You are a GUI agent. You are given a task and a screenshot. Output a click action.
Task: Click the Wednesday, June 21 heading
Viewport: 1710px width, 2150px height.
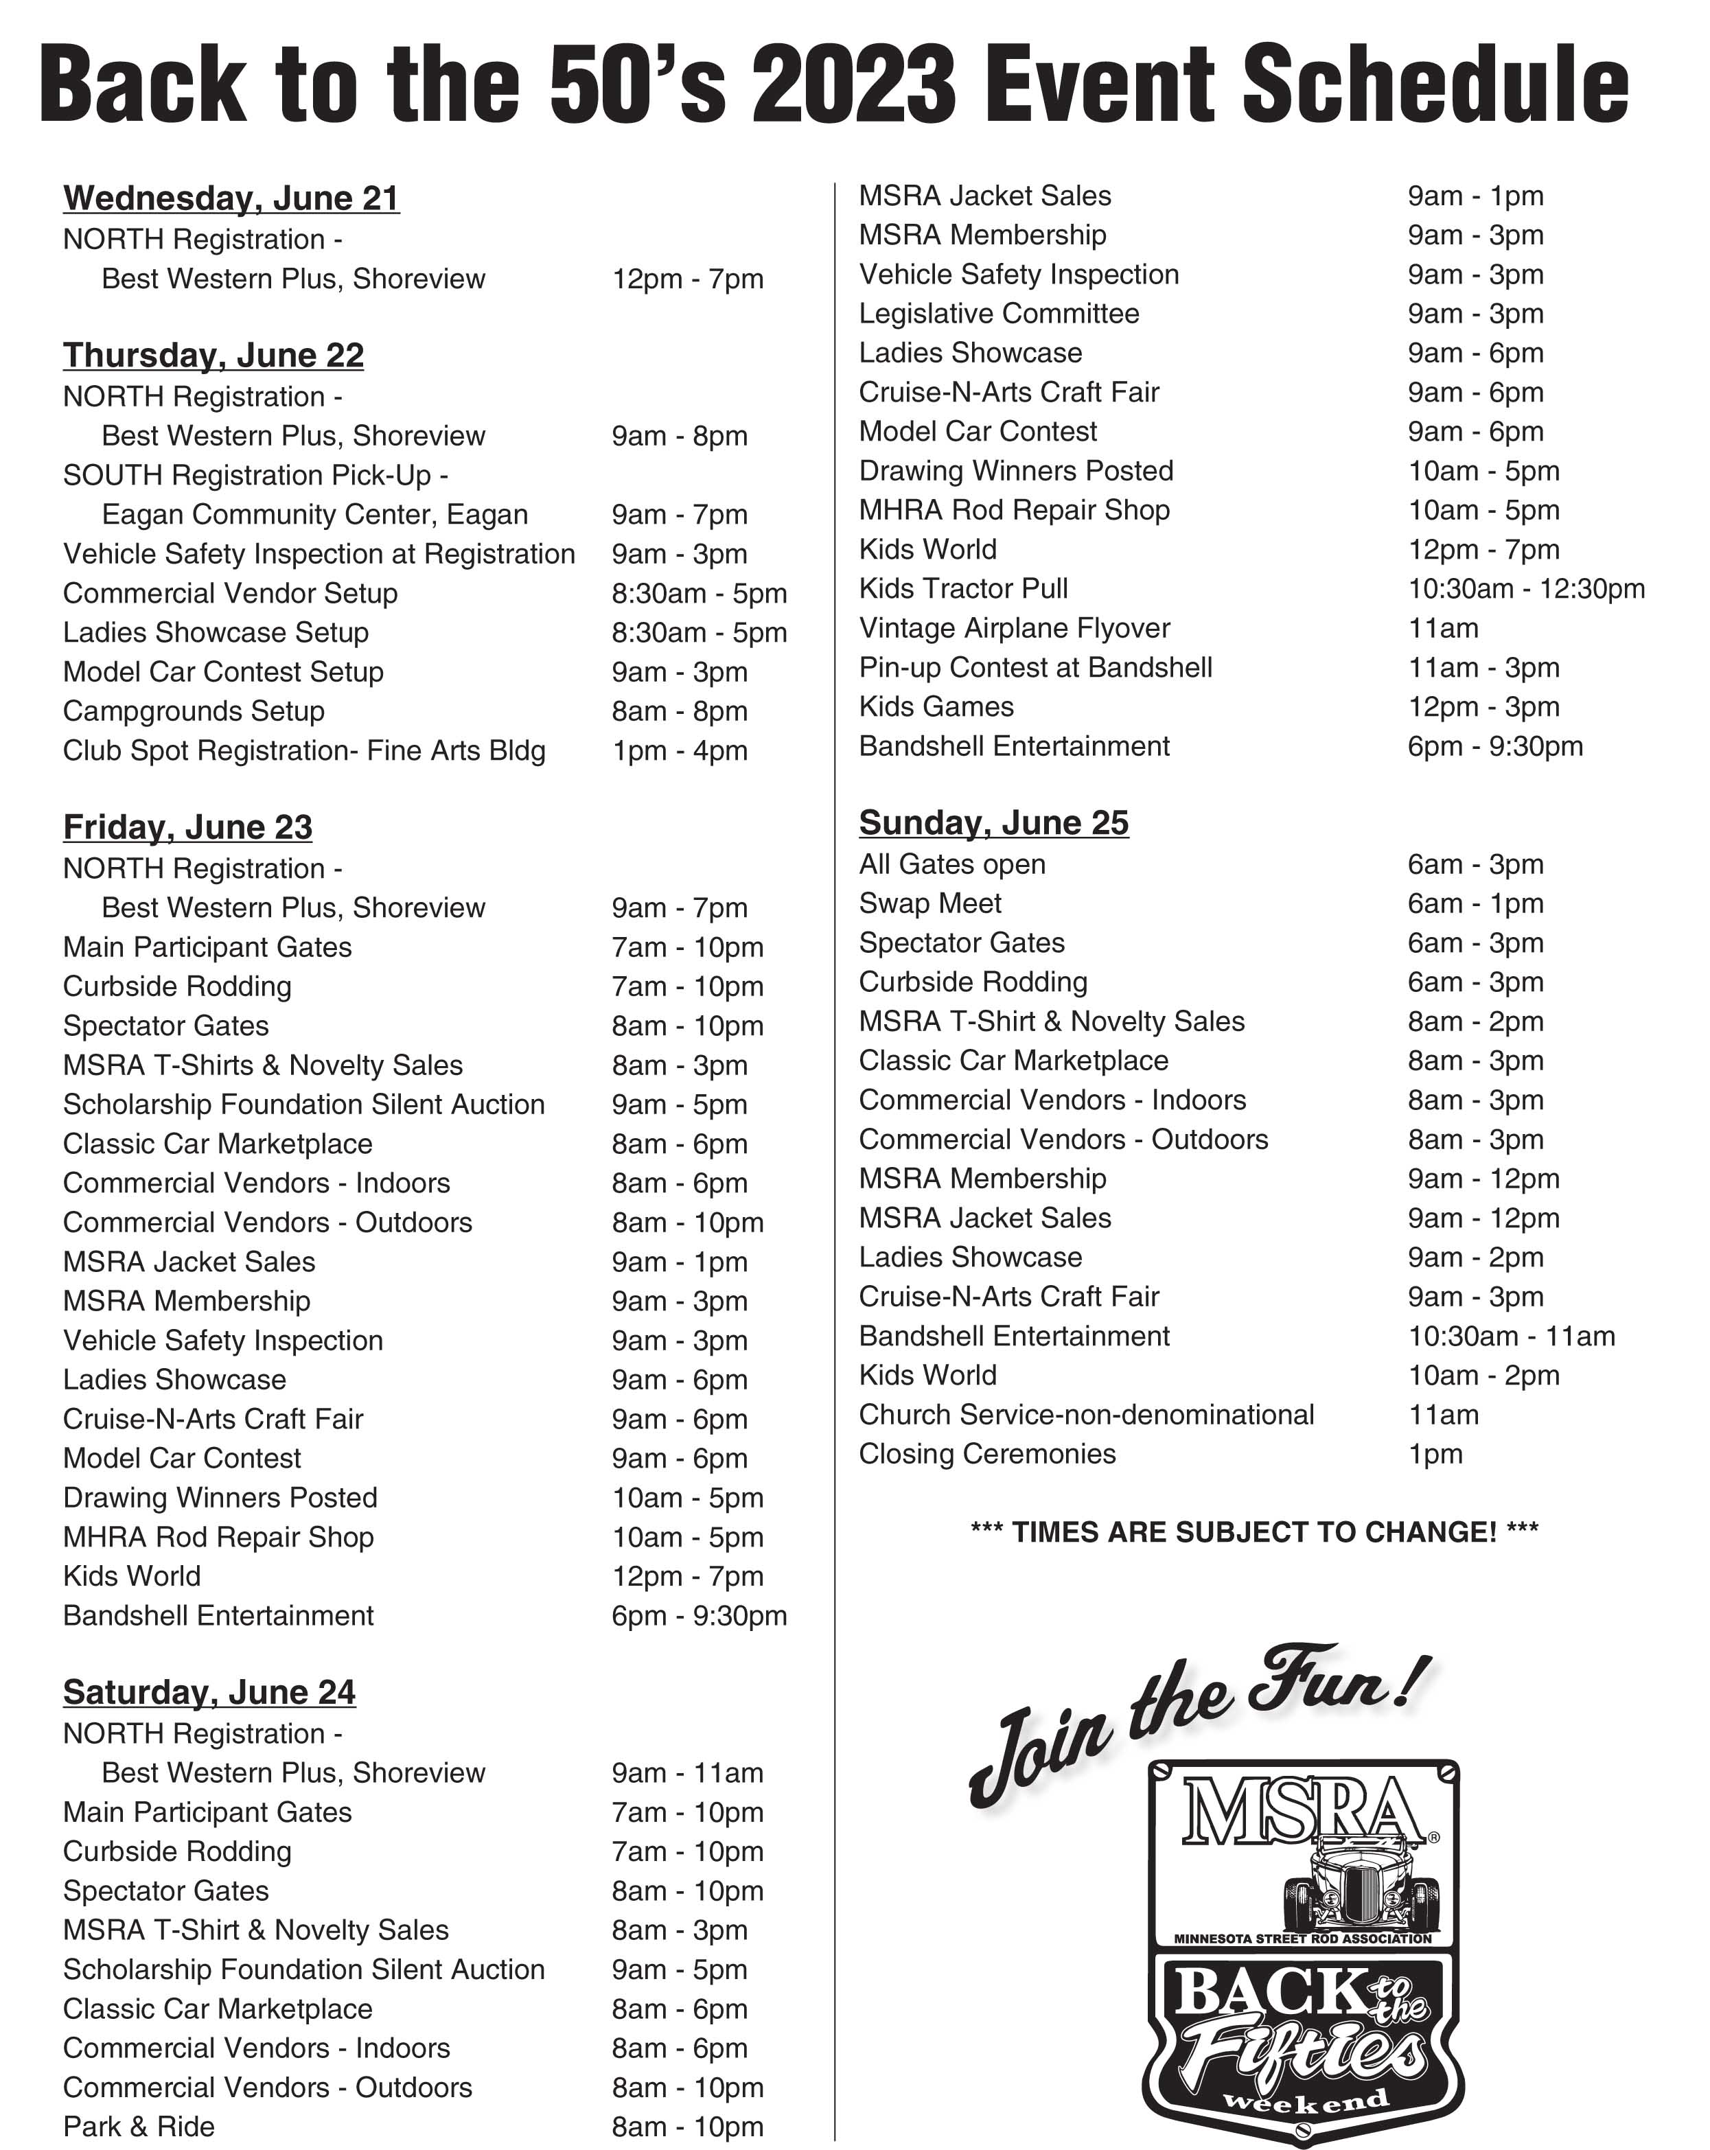click(231, 198)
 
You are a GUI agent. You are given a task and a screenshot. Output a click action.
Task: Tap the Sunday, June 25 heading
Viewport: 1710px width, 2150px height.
click(993, 822)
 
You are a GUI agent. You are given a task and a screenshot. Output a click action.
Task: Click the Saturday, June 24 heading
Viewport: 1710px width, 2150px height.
click(209, 1691)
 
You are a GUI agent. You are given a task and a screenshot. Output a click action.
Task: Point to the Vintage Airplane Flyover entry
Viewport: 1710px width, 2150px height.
click(1014, 628)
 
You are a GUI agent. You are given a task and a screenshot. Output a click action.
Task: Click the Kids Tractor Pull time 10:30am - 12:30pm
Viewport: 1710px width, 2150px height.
click(1525, 588)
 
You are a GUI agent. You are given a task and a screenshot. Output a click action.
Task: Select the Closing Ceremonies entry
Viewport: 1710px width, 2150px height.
click(987, 1454)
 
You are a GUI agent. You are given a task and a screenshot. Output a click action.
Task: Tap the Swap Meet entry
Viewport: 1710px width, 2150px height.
click(929, 903)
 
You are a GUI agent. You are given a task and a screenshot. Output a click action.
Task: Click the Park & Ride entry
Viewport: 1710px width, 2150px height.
click(139, 2126)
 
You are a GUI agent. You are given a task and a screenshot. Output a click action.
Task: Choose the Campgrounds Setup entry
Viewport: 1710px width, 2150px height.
click(194, 711)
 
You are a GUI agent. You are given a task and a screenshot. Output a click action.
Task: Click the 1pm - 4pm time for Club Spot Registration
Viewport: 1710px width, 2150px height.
click(679, 751)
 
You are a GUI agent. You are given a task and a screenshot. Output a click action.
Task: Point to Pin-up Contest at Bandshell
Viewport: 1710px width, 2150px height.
click(1035, 667)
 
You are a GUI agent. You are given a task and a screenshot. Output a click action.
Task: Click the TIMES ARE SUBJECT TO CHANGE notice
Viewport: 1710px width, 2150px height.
click(1253, 1531)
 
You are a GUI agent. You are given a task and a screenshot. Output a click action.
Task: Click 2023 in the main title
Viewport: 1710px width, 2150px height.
click(853, 86)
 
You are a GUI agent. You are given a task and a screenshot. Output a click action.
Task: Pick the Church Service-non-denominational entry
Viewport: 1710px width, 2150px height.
click(1086, 1415)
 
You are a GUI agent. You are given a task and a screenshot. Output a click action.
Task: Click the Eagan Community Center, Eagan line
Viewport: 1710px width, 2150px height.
click(314, 515)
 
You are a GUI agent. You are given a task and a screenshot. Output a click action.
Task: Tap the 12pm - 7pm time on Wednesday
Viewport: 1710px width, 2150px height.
click(687, 279)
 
